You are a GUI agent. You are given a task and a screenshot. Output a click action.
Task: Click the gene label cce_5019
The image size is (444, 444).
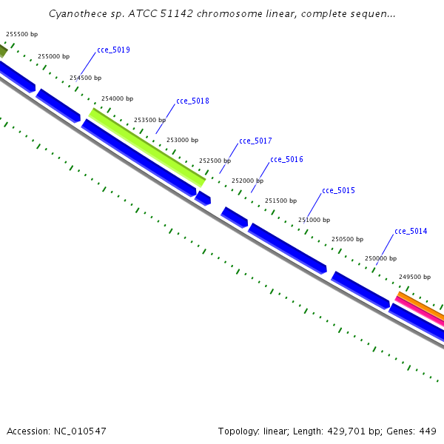(113, 50)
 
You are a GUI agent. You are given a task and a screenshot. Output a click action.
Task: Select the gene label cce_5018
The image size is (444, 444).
(192, 101)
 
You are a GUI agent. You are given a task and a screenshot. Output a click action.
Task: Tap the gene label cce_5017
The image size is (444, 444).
(255, 141)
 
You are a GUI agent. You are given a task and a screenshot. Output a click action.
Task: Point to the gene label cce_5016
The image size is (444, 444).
(286, 159)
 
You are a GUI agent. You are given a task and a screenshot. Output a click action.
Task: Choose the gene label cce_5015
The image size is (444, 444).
(338, 191)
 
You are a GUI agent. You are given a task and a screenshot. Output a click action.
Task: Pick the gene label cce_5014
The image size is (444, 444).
(411, 232)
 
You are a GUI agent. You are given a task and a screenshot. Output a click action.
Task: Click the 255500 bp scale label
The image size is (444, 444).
(21, 34)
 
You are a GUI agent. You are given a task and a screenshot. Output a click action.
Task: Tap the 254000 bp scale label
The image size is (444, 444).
(117, 98)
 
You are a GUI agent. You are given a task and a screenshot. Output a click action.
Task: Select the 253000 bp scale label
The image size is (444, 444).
(182, 140)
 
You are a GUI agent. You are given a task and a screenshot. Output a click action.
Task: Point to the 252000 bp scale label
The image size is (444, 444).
(247, 181)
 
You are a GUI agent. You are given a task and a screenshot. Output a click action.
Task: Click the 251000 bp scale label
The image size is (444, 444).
(314, 220)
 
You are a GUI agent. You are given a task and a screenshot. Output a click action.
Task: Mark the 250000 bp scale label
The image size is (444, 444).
(380, 258)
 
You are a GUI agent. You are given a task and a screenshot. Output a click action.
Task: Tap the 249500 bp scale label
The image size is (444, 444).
(414, 277)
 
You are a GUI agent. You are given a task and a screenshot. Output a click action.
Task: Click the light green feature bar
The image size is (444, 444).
(148, 148)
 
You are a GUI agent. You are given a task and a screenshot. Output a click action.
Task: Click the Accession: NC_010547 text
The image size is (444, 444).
(56, 431)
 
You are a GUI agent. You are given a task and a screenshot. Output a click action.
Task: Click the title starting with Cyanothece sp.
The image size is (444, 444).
(222, 13)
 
